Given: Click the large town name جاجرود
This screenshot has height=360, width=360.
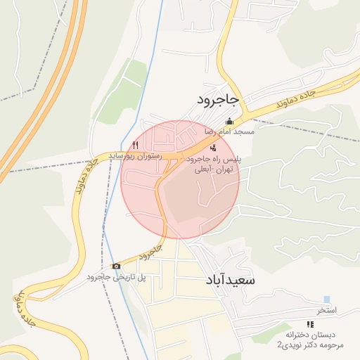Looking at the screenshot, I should (x=218, y=101).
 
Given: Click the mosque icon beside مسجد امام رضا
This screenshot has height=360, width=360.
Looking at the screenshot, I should (x=228, y=120).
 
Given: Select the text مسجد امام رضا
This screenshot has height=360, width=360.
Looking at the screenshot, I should (x=229, y=132).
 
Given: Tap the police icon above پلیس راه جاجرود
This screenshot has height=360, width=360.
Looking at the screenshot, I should (x=213, y=147).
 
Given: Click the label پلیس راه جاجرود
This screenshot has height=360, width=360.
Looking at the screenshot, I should (x=214, y=160).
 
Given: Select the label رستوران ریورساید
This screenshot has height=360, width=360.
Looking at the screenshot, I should (x=135, y=155).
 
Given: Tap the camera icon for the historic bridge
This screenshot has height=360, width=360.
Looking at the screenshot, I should (x=115, y=266).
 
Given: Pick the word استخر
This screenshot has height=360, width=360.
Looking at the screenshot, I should (x=326, y=310).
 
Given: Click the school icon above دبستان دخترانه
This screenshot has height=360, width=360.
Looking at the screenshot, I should (x=310, y=323).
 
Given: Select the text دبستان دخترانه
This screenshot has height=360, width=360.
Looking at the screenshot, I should (x=310, y=335).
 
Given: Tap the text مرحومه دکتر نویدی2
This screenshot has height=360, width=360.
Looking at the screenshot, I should (x=310, y=345).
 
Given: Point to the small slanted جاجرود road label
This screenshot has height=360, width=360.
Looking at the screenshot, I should (x=149, y=252).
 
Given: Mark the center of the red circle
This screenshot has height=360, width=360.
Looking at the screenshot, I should (x=180, y=179).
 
